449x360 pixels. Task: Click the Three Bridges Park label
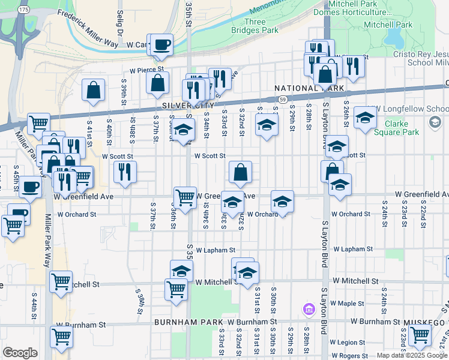coord(255,26)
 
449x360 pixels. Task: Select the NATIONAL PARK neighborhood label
coord(309,88)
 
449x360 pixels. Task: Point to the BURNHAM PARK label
coord(181,322)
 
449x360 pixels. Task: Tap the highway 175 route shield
coord(23,10)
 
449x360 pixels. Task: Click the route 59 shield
coord(282,98)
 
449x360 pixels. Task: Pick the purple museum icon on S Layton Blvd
coord(309,310)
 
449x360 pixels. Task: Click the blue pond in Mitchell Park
coord(395,40)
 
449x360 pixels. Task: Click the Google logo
coord(20,353)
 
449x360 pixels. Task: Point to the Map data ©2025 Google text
coord(411,355)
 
